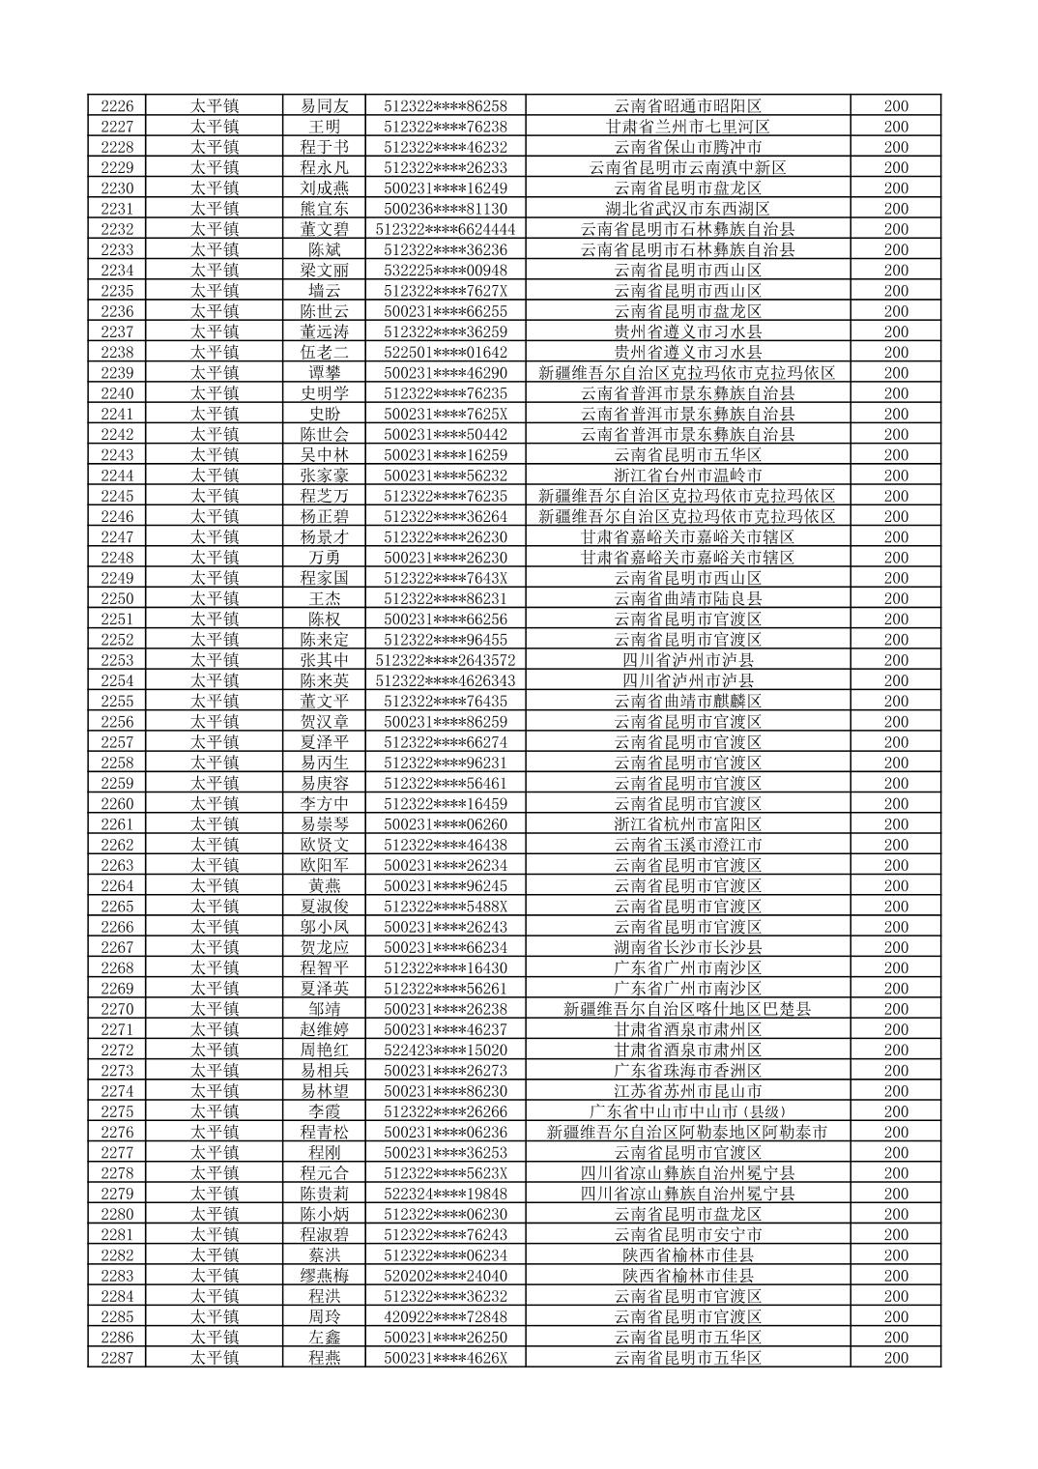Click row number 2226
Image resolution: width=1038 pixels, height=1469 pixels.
[117, 106]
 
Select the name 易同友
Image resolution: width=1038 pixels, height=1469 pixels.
[325, 106]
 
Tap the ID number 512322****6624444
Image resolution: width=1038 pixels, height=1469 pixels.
[446, 229]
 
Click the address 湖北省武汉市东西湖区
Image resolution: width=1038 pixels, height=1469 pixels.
[687, 209]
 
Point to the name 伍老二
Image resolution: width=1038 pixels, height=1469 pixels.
[325, 353]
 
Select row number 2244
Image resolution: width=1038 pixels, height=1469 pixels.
[117, 475]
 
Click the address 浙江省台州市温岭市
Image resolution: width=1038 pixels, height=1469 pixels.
[687, 475]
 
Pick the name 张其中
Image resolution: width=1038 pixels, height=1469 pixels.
[325, 660]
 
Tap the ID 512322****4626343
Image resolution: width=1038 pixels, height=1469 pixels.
[446, 680]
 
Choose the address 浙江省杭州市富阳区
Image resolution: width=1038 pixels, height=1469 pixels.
[687, 824]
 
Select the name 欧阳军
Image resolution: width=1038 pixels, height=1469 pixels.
[325, 865]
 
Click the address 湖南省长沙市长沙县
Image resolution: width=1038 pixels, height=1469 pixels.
[687, 947]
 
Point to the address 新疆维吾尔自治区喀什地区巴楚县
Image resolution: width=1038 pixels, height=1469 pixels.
[687, 1009]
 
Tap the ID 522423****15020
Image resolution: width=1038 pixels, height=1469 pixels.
[446, 1050]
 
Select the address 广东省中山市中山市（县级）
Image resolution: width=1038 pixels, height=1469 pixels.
[687, 1111]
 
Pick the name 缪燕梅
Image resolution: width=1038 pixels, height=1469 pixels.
[325, 1276]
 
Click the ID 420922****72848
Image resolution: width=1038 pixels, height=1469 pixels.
[446, 1316]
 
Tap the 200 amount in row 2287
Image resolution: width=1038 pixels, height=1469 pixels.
[896, 1358]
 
